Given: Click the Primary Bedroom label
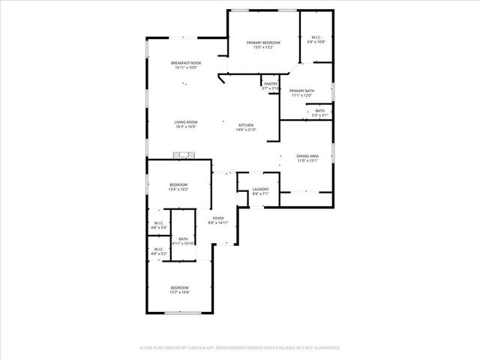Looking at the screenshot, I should (x=263, y=43).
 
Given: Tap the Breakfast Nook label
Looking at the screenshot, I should (x=185, y=63).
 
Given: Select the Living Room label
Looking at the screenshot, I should (x=186, y=122).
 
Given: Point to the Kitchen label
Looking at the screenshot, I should (x=246, y=125).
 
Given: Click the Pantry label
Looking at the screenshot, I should (x=271, y=84).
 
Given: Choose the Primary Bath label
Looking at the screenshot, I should (x=301, y=91).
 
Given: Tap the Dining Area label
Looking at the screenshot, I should (x=307, y=156).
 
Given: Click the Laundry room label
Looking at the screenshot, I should (x=260, y=189).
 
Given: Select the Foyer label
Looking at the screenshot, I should (x=217, y=218).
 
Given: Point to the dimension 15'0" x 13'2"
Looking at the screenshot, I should (x=263, y=47).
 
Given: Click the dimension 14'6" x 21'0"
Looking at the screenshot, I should (x=246, y=130).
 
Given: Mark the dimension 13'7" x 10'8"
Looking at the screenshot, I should (x=179, y=292).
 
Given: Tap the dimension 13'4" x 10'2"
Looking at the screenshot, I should (x=178, y=189).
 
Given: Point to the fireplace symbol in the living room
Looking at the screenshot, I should (x=183, y=155).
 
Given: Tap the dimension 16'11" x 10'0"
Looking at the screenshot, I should (x=185, y=67).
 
